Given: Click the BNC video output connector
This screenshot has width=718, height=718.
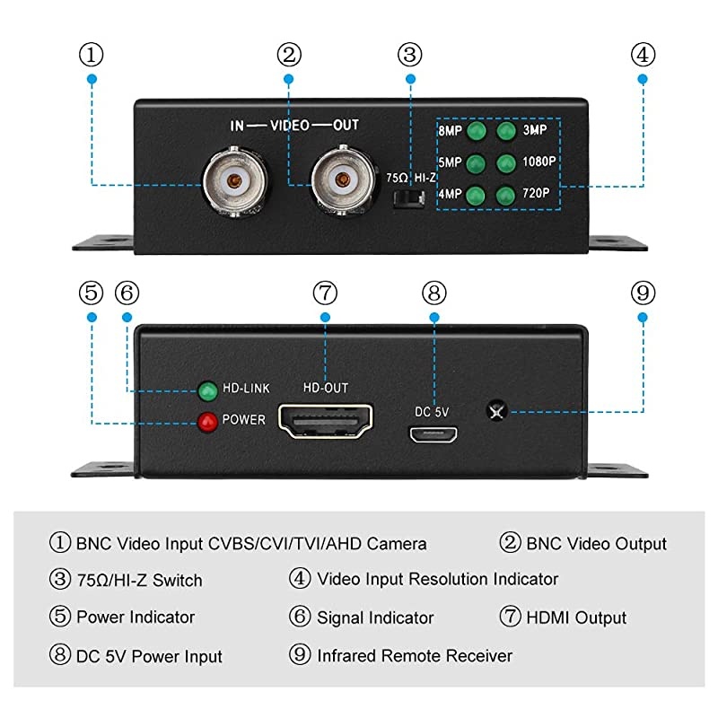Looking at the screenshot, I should tap(341, 182).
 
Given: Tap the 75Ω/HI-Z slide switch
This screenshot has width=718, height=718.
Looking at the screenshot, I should tap(410, 197).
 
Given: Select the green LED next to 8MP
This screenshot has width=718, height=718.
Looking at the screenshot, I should tap(477, 132).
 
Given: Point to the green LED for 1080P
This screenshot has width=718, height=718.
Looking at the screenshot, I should tap(506, 163).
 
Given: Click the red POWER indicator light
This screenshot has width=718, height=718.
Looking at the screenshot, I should tap(209, 420).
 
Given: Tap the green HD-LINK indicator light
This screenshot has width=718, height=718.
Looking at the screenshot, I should tap(208, 390).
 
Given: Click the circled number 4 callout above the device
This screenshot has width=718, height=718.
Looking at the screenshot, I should tap(643, 55).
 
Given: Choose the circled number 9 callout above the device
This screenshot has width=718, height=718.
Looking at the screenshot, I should tap(643, 293).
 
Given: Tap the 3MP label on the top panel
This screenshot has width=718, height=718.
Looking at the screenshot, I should tap(536, 131).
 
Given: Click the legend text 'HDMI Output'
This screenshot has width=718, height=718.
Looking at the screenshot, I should tap(574, 617).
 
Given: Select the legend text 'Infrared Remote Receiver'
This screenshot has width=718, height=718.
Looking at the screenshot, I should tap(415, 656).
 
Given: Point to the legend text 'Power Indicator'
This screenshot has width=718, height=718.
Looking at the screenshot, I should tap(136, 617).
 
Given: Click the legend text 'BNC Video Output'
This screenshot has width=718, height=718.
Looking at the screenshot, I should tap(596, 544).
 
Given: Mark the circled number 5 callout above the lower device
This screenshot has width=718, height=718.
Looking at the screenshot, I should tap(92, 293).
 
